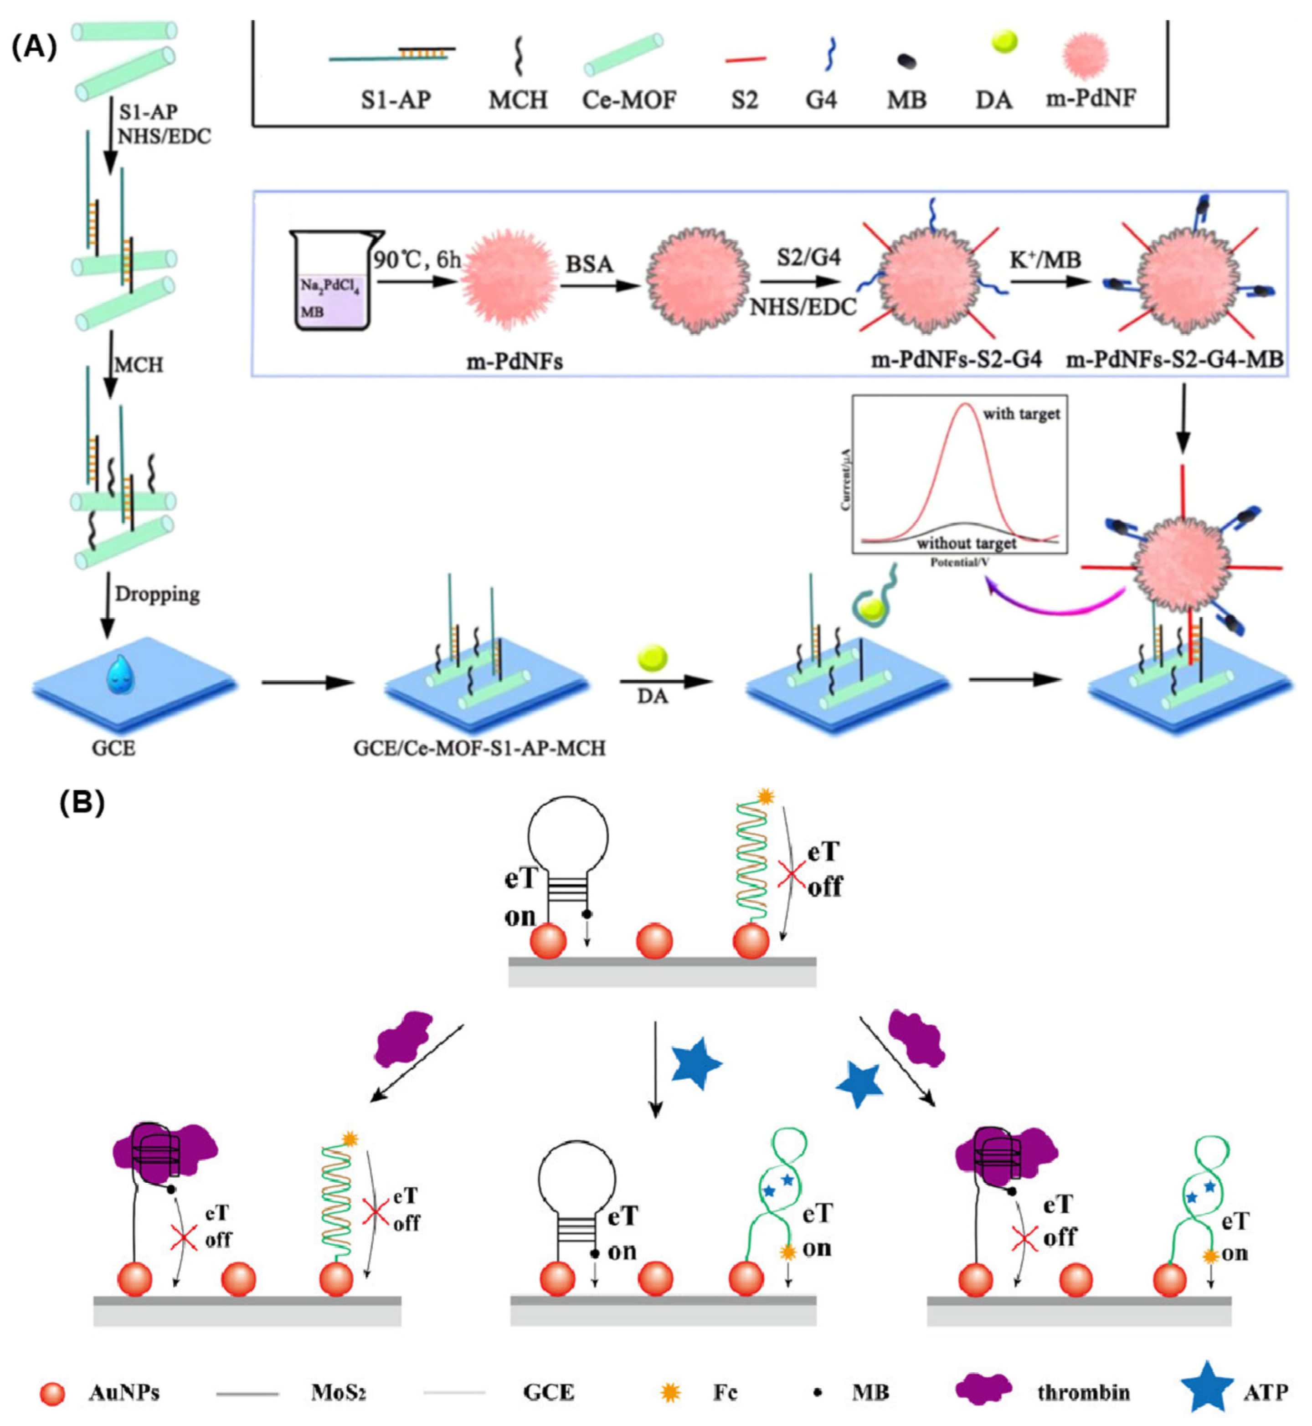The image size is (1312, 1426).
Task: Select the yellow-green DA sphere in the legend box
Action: pos(1004,42)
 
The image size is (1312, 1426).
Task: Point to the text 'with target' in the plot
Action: pos(1021,414)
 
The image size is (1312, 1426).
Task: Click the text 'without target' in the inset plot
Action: pos(966,544)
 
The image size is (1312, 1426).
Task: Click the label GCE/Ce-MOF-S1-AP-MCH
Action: pos(479,748)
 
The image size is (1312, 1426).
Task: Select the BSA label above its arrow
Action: pos(588,264)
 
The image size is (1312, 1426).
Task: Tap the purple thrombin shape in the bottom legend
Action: pos(983,1390)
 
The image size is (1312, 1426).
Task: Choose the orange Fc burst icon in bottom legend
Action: pos(670,1393)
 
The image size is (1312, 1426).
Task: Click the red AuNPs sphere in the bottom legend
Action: pos(52,1393)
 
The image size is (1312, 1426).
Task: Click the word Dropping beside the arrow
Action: pos(157,594)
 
